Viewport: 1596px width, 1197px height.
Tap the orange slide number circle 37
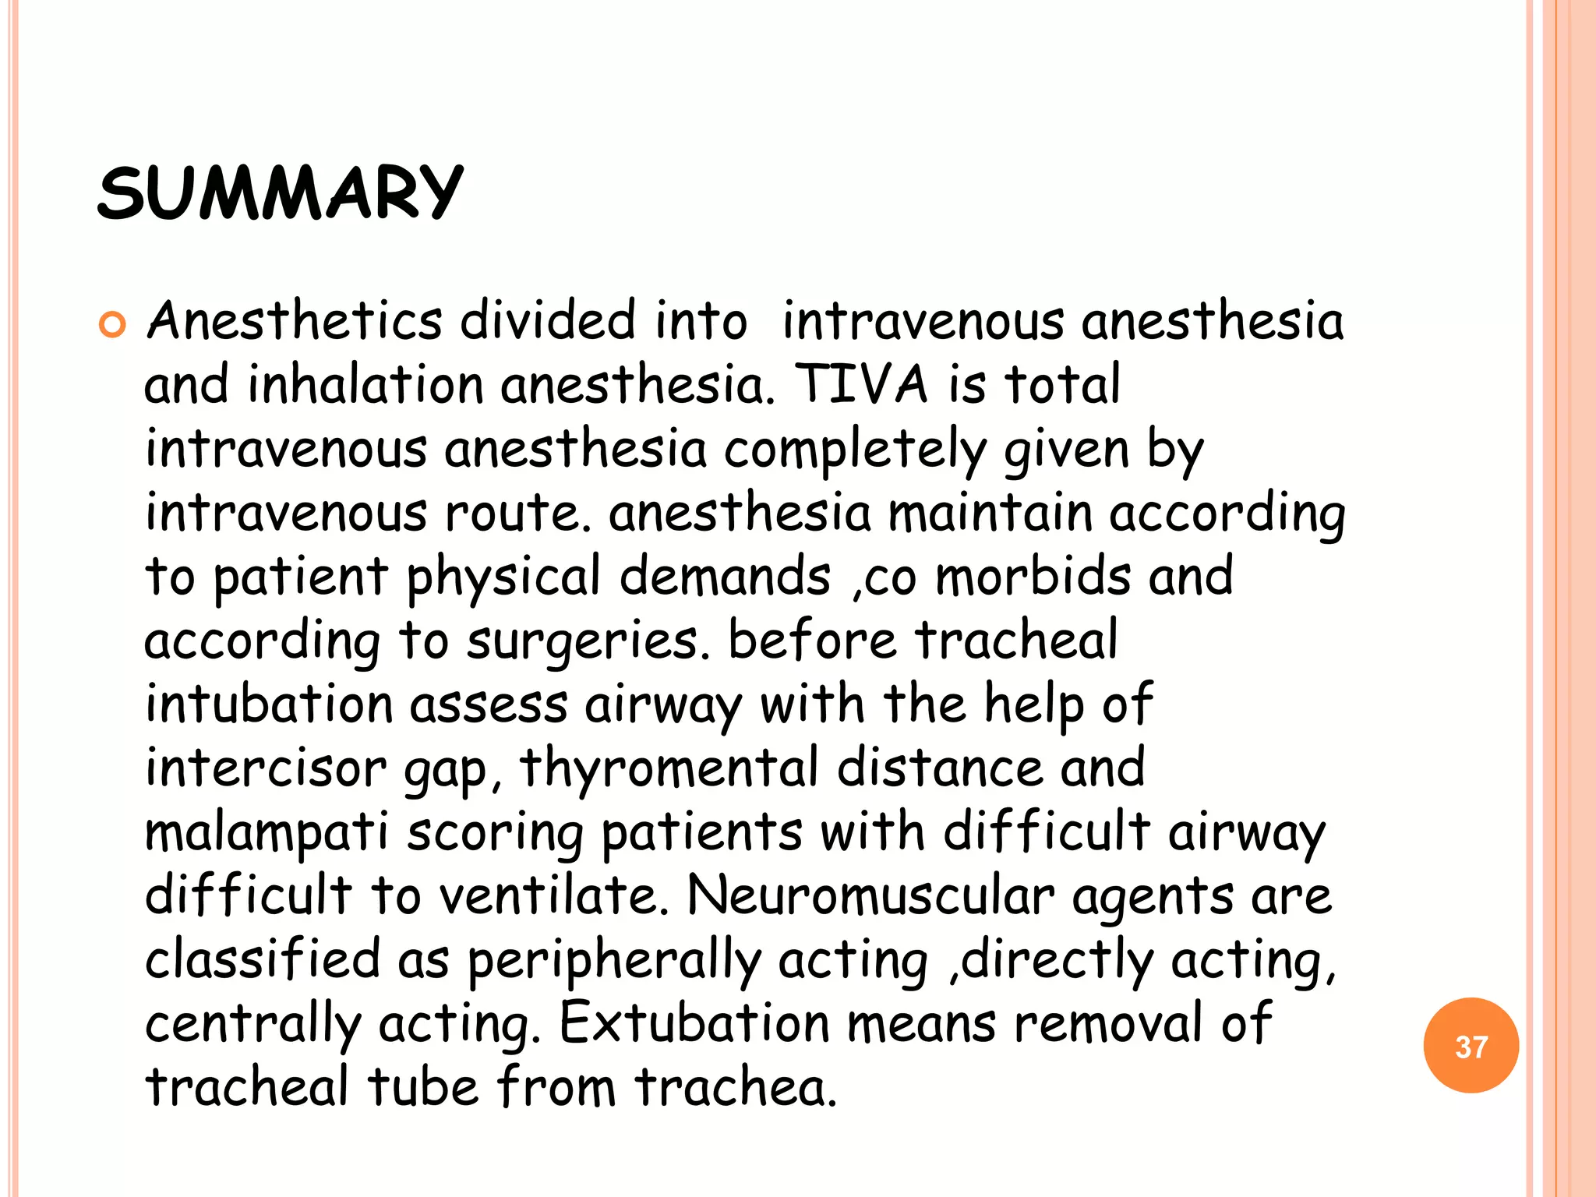1471,1046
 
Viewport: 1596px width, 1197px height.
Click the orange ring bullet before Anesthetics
113,324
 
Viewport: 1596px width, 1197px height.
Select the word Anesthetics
295,321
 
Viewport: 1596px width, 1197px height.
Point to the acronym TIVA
861,385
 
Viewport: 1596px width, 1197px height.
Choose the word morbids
1032,577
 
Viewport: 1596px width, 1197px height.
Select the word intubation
269,704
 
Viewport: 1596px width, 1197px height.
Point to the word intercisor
266,768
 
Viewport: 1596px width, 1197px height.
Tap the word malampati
267,833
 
